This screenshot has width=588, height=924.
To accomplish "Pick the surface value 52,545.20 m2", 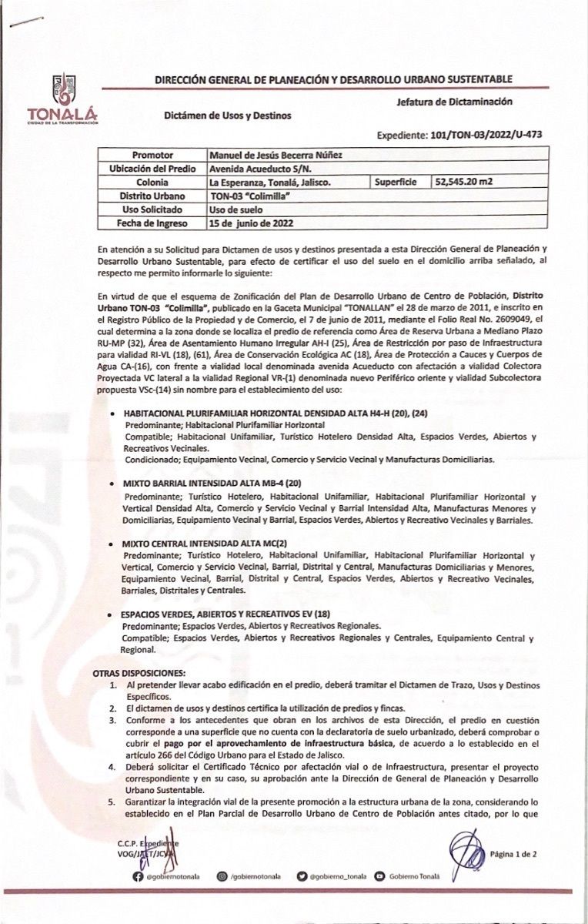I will tap(466, 182).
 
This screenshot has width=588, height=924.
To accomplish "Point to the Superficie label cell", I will tap(396, 182).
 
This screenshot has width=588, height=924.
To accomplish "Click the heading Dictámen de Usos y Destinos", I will tap(228, 115).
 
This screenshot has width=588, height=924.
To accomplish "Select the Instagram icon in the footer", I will tap(223, 877).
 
